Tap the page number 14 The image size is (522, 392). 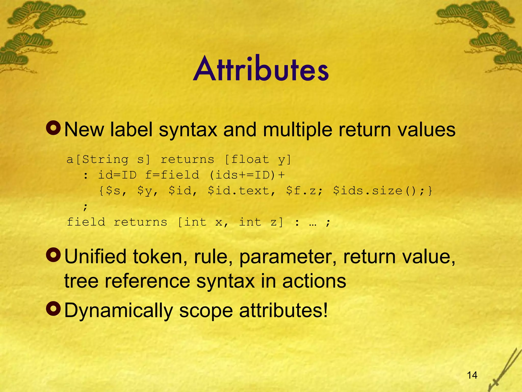(472, 375)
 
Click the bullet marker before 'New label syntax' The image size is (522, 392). (53, 128)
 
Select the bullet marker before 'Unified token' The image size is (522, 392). (53, 255)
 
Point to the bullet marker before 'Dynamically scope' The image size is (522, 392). (53, 309)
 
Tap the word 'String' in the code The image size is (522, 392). (105, 160)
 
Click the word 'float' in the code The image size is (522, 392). (250, 160)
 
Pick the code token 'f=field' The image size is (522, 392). (172, 175)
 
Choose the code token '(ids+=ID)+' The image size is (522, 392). (247, 175)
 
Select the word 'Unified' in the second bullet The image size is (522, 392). (95, 256)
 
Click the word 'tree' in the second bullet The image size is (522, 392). (81, 281)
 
